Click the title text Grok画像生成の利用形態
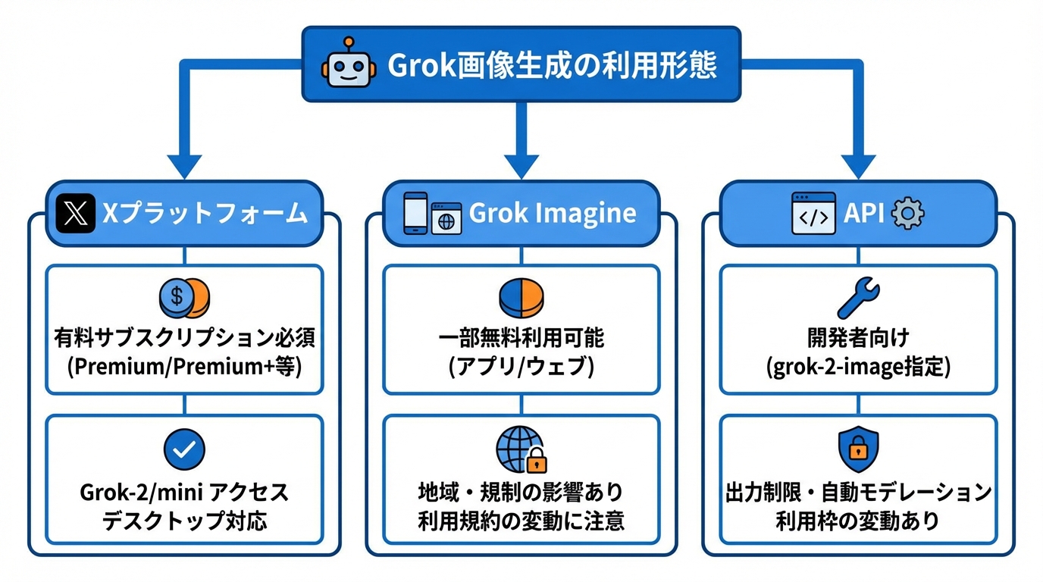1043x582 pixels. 552,65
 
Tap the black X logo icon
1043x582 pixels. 76,213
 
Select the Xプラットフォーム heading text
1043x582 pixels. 205,213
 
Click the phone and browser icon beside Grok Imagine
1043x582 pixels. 432,213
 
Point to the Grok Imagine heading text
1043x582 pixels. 553,213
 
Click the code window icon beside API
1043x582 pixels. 813,213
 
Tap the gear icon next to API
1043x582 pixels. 907,214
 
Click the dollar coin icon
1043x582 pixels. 184,298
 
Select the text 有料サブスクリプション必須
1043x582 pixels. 184,337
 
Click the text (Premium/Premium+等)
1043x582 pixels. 184,367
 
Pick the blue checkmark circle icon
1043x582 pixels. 184,449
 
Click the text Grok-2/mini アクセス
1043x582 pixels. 184,493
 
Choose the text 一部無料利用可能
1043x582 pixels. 521,337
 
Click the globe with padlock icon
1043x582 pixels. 521,449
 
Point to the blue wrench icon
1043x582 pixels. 858,298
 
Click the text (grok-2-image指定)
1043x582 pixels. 858,367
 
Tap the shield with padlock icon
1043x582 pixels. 858,449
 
